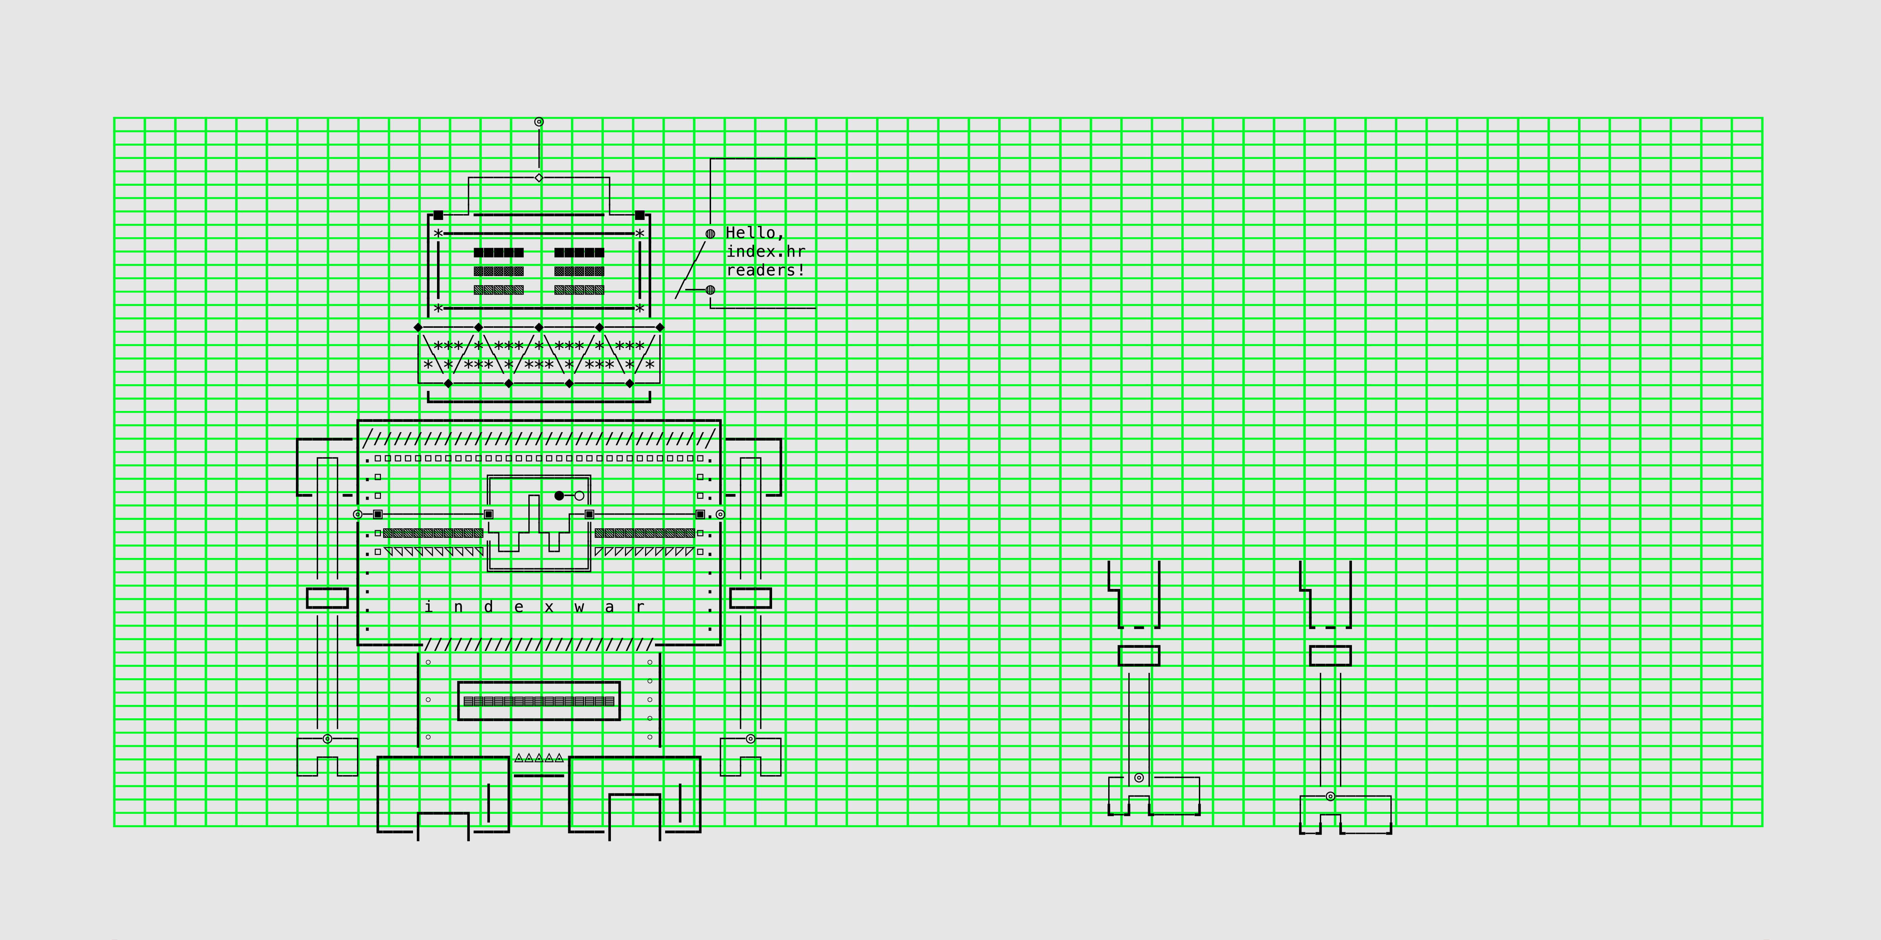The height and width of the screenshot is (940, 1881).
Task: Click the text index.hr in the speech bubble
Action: (x=765, y=252)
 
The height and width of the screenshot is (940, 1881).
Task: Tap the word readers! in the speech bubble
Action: (x=765, y=270)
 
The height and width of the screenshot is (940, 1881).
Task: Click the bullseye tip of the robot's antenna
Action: (x=539, y=122)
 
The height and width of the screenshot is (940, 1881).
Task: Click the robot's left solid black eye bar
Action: (x=499, y=252)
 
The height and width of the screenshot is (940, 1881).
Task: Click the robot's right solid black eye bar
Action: (x=579, y=252)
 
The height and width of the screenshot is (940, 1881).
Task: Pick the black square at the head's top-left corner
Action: (x=438, y=215)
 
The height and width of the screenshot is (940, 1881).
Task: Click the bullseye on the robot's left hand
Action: (x=327, y=739)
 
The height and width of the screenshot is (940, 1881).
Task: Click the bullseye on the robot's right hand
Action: (x=750, y=739)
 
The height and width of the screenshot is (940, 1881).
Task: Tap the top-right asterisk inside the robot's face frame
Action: (x=640, y=234)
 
